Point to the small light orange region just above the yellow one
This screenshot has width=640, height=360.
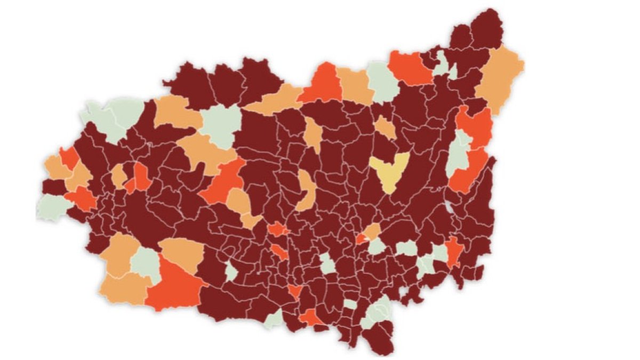click(385, 127)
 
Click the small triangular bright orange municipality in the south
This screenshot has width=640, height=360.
click(294, 291)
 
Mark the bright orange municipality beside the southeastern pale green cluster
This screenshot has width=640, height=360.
click(454, 252)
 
